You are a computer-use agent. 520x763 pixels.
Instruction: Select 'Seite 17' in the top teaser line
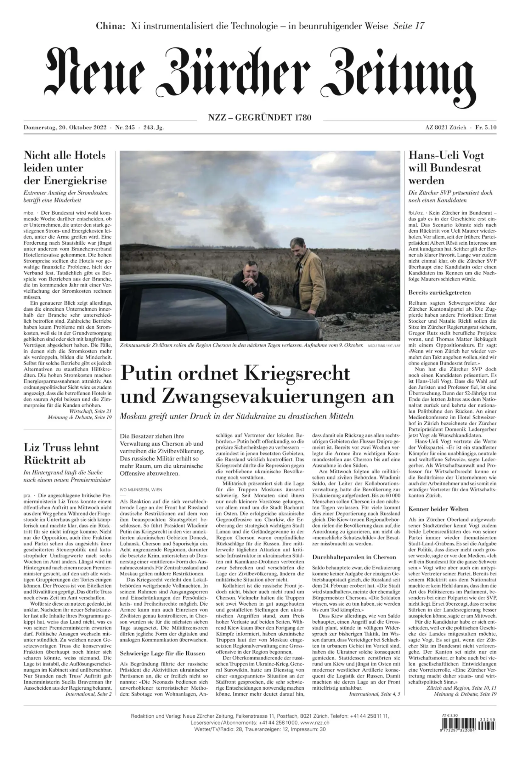point(408,26)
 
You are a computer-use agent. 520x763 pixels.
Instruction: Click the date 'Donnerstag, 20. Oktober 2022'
point(65,128)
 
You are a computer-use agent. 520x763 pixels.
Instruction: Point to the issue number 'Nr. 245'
point(125,128)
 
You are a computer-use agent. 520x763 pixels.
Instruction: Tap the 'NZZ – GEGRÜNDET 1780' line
point(259,117)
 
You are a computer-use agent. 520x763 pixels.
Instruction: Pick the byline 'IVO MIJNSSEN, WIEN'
point(141,489)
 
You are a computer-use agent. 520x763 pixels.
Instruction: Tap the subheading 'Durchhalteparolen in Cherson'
point(354,557)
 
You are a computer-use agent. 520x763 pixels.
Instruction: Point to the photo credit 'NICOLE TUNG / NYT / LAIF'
point(384,346)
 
